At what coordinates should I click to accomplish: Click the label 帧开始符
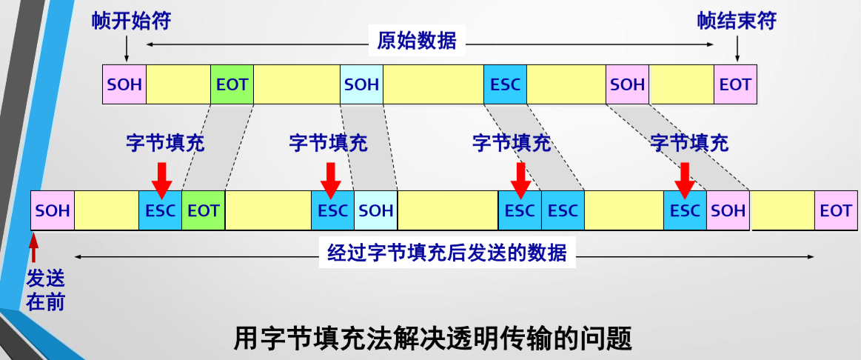coord(132,21)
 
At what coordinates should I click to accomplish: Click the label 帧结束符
coord(737,21)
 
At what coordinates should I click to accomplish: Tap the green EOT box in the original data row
coord(232,84)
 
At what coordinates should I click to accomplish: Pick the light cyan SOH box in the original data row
coord(361,84)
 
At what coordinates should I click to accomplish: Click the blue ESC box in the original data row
coord(505,84)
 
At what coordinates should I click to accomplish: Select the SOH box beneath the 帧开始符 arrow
coord(124,84)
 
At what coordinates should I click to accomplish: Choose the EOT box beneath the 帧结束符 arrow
coord(736,84)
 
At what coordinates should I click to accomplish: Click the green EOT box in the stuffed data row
coord(204,210)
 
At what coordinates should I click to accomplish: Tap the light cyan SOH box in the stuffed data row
coord(376,210)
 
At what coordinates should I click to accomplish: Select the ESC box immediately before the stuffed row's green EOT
coord(161,210)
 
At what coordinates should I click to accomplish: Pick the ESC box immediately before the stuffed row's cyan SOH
coord(333,210)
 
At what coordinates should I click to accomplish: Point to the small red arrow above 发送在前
coord(33,249)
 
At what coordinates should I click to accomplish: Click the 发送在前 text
coord(46,290)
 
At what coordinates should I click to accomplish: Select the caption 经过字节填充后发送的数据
coord(446,253)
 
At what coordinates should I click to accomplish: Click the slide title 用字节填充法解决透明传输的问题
coord(433,339)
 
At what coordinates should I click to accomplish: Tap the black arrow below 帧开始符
coord(126,49)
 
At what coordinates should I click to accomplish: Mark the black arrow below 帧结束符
coord(737,49)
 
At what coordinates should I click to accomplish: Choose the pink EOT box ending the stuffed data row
coord(836,210)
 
